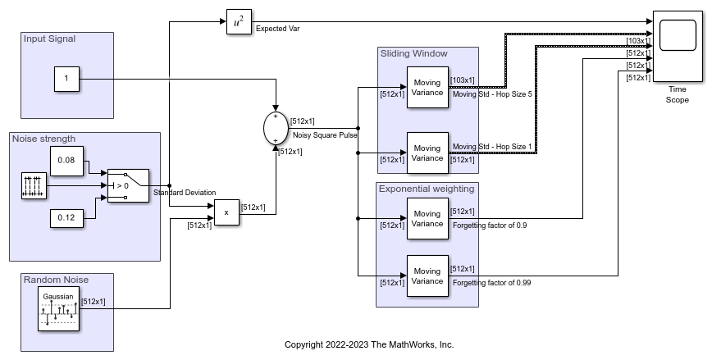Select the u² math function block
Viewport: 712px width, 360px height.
(238, 24)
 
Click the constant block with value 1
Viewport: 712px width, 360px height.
(66, 79)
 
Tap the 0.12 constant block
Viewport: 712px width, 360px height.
(66, 217)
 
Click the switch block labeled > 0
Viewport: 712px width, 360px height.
(128, 186)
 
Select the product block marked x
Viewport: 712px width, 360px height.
(226, 212)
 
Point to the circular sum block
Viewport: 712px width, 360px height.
(275, 129)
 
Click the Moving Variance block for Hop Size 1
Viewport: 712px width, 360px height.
(427, 153)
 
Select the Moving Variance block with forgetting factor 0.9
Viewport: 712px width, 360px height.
(427, 218)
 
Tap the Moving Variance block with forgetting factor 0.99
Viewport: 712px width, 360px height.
(427, 276)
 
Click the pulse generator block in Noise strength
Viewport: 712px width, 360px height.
(34, 186)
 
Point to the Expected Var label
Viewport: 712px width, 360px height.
(277, 28)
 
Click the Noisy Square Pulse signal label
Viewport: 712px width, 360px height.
(325, 134)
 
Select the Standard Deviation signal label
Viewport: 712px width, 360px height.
(185, 193)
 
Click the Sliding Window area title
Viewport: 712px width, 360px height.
(413, 54)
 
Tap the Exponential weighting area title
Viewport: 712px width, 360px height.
(426, 189)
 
